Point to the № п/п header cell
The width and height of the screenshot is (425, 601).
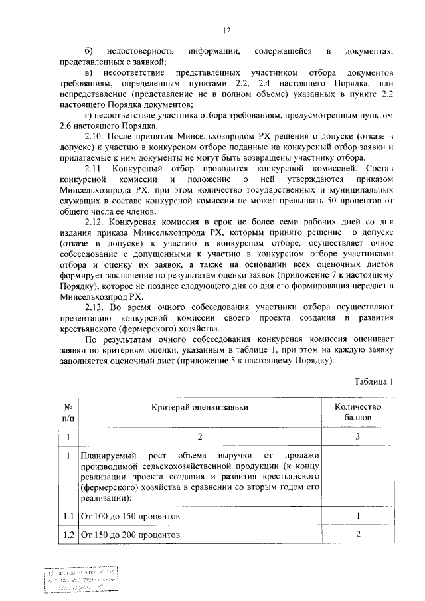click(68, 412)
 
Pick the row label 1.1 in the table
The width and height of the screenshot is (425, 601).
click(68, 516)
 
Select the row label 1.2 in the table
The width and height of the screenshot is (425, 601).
click(68, 535)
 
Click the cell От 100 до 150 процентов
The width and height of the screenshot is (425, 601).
click(129, 516)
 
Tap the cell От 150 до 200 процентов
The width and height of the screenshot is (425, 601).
click(129, 535)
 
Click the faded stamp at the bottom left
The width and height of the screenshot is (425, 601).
click(84, 580)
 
